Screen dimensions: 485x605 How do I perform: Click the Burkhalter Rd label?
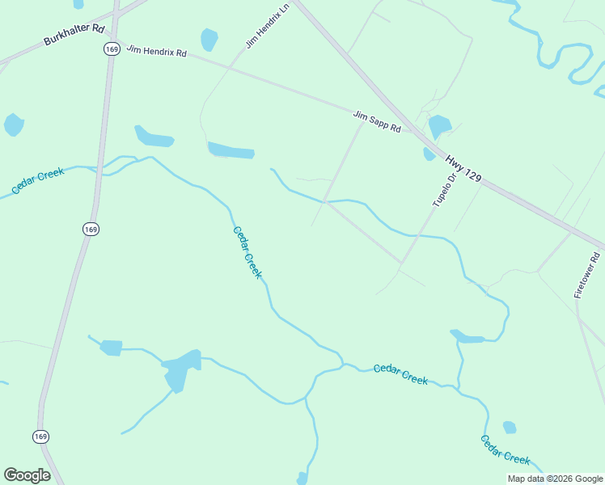tap(75, 34)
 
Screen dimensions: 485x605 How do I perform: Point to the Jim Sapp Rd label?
tap(377, 122)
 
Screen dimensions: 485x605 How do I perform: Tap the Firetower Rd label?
tap(588, 276)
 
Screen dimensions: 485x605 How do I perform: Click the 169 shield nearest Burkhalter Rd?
tap(111, 49)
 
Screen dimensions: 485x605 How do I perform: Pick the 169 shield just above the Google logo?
tap(40, 436)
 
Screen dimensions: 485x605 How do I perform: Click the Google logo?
tap(27, 475)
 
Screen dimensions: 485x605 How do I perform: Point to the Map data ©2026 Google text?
tap(555, 479)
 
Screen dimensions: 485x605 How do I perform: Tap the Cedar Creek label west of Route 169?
tap(38, 181)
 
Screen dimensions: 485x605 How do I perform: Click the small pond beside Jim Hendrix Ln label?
tap(209, 39)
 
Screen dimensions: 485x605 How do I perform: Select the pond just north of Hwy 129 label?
tap(439, 126)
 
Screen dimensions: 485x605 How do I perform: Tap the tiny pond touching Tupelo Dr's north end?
tap(429, 154)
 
